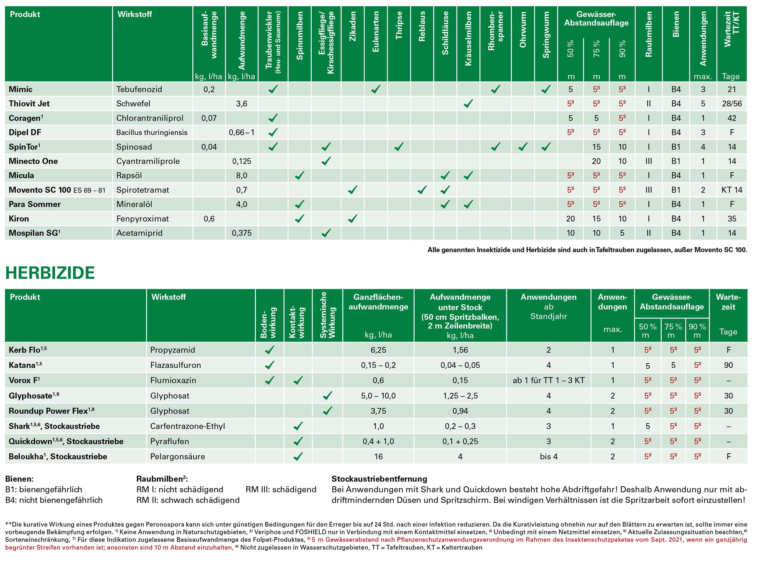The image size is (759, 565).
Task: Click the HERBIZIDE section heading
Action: [x=50, y=273]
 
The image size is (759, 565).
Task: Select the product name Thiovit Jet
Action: [x=29, y=103]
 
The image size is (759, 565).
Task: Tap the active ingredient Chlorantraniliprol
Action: [x=150, y=118]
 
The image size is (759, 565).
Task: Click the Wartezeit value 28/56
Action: [x=732, y=103]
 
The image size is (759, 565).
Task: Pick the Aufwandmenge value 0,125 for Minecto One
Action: [x=241, y=161]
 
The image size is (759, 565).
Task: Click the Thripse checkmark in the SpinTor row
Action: [x=399, y=147]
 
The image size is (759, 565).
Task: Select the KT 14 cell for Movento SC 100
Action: [x=732, y=190]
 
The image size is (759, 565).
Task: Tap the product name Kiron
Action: [x=19, y=219]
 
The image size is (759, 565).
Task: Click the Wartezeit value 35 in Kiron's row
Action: [x=732, y=219]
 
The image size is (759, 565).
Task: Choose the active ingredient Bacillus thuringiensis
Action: [x=152, y=132]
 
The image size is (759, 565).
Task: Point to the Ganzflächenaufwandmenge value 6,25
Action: [x=378, y=350]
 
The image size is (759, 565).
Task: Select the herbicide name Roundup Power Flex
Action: [x=48, y=411]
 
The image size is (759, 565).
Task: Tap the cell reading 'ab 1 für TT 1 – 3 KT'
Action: [x=548, y=380]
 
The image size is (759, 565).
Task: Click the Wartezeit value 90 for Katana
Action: [x=728, y=365]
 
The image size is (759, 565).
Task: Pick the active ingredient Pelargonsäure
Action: [x=178, y=456]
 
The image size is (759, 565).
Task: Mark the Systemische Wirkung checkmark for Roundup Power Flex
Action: [x=327, y=411]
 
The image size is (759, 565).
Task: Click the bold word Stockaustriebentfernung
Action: [x=379, y=479]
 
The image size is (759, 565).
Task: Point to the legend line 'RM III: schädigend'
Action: [x=280, y=489]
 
